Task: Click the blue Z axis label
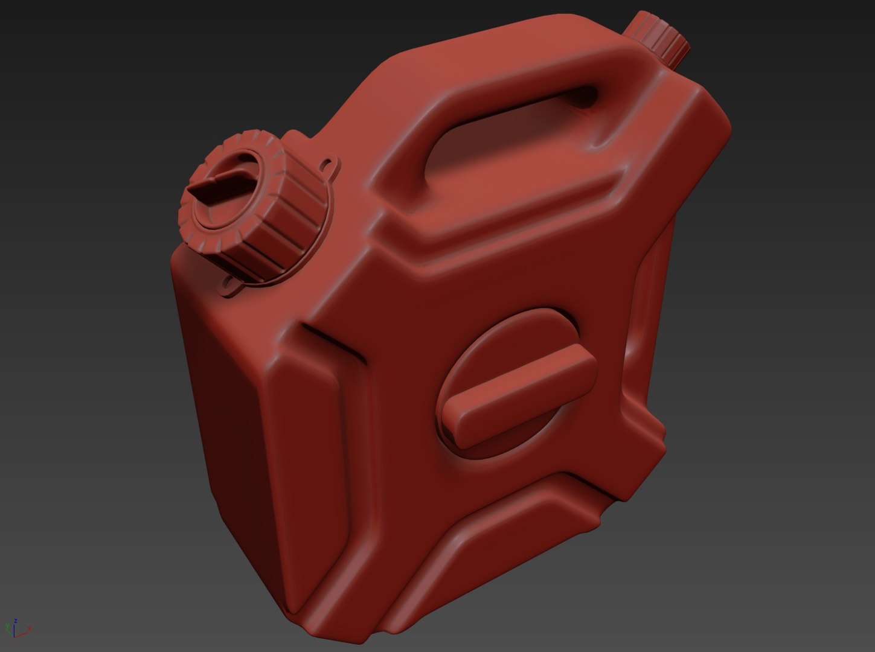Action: click(x=14, y=620)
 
